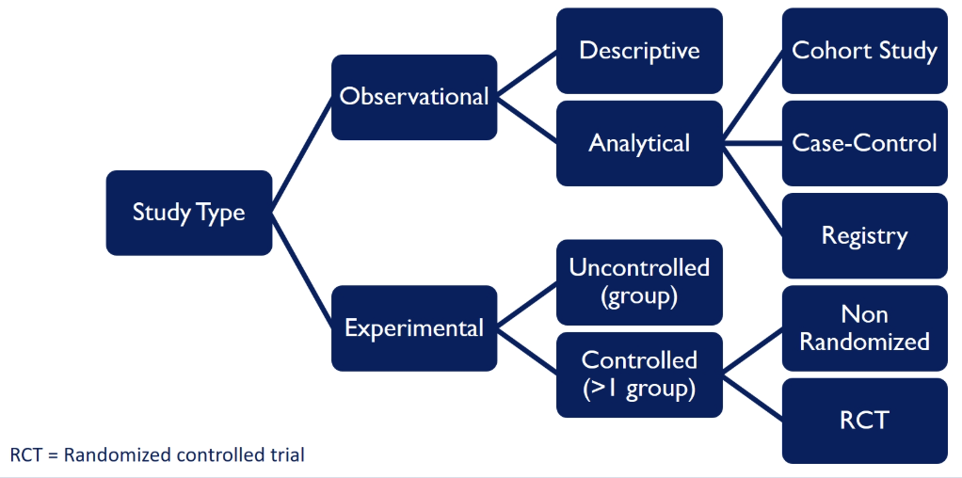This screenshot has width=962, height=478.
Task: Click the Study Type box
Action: (x=189, y=213)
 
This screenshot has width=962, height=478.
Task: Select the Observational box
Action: (x=414, y=97)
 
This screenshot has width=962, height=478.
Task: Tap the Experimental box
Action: (x=414, y=327)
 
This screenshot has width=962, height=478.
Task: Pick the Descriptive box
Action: (x=639, y=50)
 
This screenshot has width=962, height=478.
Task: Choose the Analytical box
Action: (x=639, y=143)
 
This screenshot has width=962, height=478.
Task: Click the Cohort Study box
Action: (x=864, y=50)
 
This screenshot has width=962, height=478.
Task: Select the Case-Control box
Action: (x=864, y=143)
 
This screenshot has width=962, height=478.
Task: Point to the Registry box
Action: (x=864, y=235)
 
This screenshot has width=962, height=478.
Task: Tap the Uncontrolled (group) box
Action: (x=639, y=281)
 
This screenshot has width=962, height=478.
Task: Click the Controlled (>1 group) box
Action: (x=639, y=374)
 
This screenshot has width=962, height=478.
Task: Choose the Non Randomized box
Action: (x=864, y=327)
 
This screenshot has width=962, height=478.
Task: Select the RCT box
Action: (x=864, y=420)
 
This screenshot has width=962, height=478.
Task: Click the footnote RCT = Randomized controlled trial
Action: (x=157, y=454)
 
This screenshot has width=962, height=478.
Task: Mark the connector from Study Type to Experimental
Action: (x=302, y=270)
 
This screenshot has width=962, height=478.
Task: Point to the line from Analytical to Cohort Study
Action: (x=752, y=97)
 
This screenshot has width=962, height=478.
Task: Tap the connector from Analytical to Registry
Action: (x=752, y=189)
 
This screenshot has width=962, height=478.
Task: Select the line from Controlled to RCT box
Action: (x=752, y=397)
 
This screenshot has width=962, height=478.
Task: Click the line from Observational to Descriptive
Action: (x=526, y=73)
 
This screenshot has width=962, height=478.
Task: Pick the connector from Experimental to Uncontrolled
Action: (x=526, y=305)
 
